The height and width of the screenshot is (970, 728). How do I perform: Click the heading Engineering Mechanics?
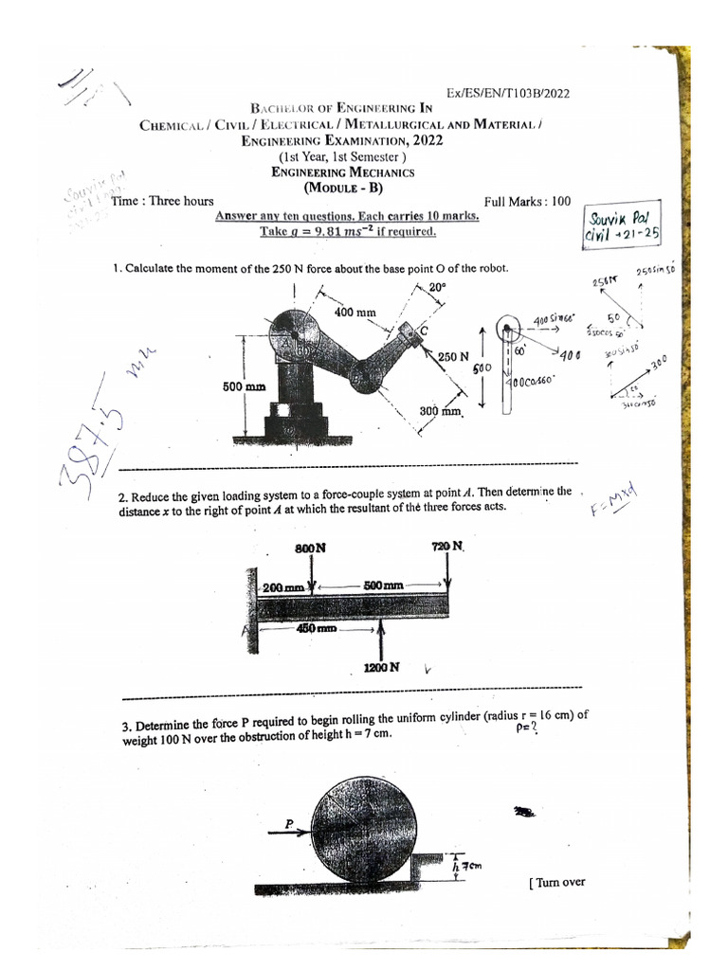tap(342, 172)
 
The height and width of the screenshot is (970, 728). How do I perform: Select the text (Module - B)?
tap(342, 187)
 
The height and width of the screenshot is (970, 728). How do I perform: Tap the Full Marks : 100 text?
tap(527, 202)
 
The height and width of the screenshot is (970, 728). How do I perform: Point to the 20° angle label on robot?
tap(436, 287)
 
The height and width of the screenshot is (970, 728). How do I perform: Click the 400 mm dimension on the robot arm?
tap(354, 312)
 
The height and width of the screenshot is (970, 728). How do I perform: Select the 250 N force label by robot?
tap(453, 357)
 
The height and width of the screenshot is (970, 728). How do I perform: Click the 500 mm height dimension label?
tap(244, 387)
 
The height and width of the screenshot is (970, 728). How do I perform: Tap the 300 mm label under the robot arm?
tap(441, 412)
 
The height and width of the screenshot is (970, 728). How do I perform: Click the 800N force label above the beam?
tap(310, 548)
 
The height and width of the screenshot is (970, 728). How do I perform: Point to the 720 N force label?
tap(446, 547)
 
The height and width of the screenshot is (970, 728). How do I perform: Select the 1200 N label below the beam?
tap(381, 668)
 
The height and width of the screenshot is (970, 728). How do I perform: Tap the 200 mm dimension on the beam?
tap(283, 587)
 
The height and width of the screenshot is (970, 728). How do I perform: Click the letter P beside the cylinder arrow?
tap(290, 824)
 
